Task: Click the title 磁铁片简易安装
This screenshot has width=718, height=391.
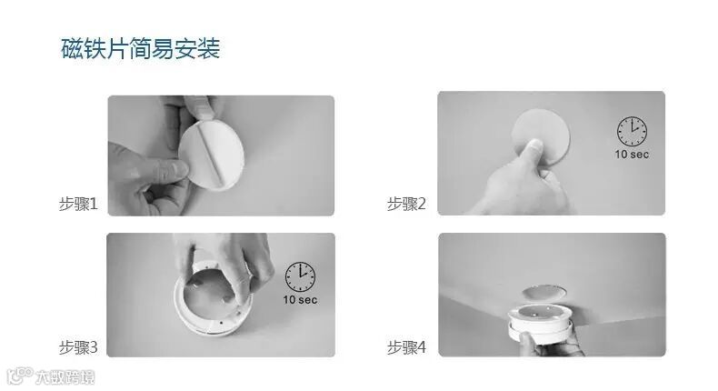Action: click(x=141, y=48)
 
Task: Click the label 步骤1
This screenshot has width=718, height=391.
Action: click(x=78, y=204)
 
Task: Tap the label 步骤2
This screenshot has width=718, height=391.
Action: click(x=406, y=204)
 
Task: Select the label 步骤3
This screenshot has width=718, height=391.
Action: click(x=78, y=347)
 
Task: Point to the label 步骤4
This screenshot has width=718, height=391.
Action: click(x=406, y=347)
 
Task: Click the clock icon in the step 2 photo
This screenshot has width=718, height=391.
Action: click(x=632, y=132)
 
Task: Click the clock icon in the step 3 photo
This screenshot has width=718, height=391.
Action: click(x=301, y=276)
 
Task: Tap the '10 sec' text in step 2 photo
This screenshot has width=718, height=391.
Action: click(x=632, y=155)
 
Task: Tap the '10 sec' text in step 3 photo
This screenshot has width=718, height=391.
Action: click(x=301, y=300)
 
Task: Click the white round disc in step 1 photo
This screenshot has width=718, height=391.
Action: click(x=211, y=154)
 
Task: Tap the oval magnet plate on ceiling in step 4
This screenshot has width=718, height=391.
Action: click(x=543, y=292)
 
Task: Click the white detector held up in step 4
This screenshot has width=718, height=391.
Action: click(x=541, y=324)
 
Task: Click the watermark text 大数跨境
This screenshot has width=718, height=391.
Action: click(x=65, y=377)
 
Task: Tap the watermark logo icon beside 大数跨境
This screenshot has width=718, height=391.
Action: click(x=20, y=376)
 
